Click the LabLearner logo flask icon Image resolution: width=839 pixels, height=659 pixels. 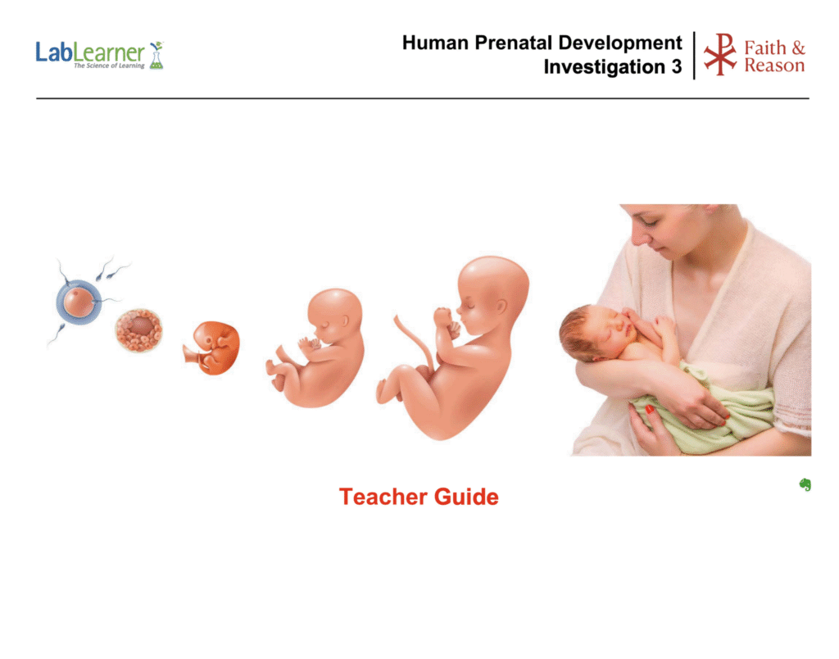(x=156, y=55)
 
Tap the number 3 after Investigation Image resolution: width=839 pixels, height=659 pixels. (x=676, y=67)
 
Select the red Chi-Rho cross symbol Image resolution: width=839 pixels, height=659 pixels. (x=720, y=55)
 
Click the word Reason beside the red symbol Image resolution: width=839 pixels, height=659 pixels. (x=774, y=66)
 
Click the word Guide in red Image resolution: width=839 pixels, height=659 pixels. (x=466, y=497)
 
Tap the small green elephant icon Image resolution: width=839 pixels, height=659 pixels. (x=805, y=484)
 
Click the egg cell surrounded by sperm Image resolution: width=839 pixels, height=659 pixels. (x=79, y=302)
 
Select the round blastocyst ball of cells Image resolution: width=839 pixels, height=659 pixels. (x=138, y=330)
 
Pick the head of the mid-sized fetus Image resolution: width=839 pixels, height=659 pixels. (x=335, y=316)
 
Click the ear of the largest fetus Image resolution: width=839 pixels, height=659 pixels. (x=501, y=307)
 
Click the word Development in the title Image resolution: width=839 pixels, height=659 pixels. (x=620, y=43)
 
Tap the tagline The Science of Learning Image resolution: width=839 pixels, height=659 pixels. (x=109, y=66)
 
